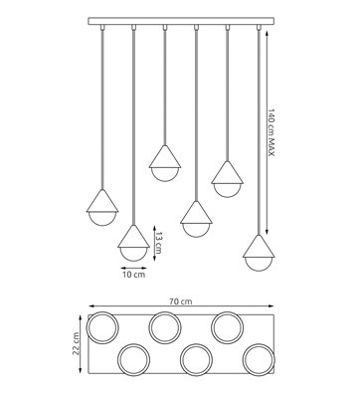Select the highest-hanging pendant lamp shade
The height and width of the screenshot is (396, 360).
click(163, 158)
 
